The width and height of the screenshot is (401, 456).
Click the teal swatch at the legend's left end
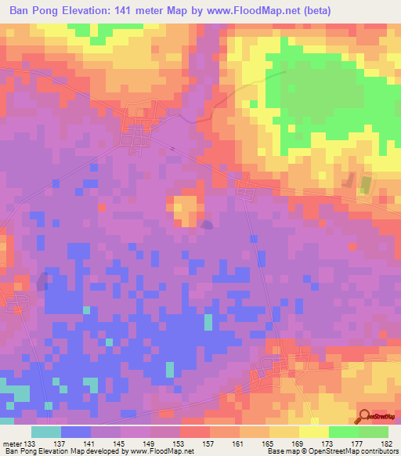46,432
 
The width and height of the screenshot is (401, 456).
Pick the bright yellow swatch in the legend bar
313,432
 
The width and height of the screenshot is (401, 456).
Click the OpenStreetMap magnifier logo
365,415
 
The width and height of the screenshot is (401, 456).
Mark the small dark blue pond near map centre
206,225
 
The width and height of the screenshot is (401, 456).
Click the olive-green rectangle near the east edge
365,185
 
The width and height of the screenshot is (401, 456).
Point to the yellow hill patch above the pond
185,210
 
